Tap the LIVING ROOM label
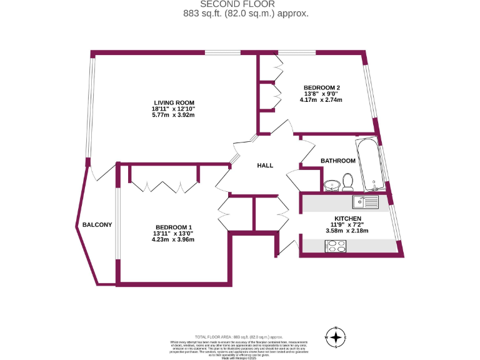pyautogui.click(x=174, y=102)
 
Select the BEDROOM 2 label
pyautogui.click(x=321, y=87)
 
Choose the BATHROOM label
pyautogui.click(x=338, y=161)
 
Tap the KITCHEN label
pyautogui.click(x=347, y=217)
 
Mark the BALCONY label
pyautogui.click(x=97, y=224)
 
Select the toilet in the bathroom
pyautogui.click(x=348, y=182)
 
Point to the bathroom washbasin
pyautogui.click(x=332, y=185)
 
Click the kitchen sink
pyautogui.click(x=365, y=202)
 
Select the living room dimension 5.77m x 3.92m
pyautogui.click(x=174, y=116)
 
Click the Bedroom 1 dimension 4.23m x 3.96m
pyautogui.click(x=174, y=239)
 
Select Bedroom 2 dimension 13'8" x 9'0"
pyautogui.click(x=321, y=94)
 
